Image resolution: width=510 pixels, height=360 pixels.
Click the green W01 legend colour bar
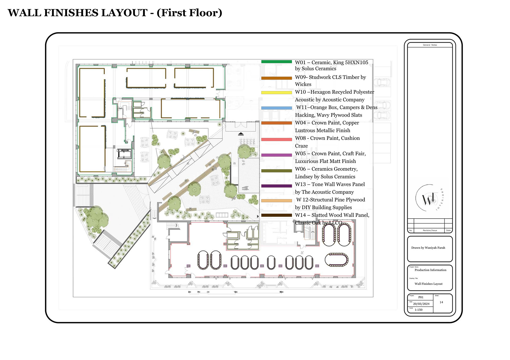coord(277,62)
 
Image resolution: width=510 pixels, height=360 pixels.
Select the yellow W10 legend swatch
coord(277,93)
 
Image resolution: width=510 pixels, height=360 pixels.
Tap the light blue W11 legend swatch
coord(277,108)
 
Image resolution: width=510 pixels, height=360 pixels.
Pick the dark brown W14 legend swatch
coord(277,215)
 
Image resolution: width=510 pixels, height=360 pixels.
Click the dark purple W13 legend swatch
coord(277,186)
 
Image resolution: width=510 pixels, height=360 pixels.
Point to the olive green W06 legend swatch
coord(277,171)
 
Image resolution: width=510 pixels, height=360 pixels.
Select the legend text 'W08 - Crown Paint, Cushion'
coord(327,138)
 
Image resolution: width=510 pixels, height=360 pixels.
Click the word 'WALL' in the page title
coord(24,13)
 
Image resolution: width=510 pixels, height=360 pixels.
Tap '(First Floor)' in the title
coord(189,13)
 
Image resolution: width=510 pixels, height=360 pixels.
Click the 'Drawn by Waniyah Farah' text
coord(428,248)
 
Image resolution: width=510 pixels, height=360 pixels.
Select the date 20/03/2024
coord(421,304)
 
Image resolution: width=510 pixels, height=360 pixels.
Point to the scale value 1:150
coord(418,310)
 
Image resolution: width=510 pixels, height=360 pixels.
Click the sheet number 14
coord(441,302)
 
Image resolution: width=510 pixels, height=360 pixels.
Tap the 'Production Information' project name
coord(430,270)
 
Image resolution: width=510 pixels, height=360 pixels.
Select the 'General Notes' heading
coord(430,45)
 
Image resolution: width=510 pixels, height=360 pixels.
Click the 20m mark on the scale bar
coord(281,292)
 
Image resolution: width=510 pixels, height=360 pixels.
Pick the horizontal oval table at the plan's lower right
coord(337,259)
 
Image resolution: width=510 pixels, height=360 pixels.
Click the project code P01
coord(421,297)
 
